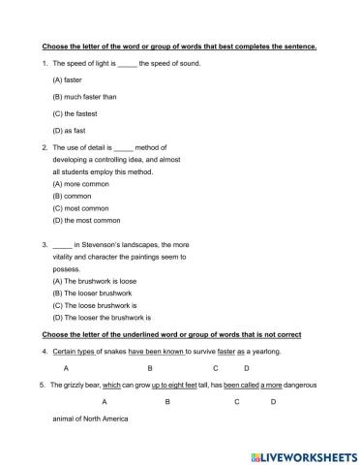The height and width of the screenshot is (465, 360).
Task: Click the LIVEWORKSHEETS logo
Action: (298, 452)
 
